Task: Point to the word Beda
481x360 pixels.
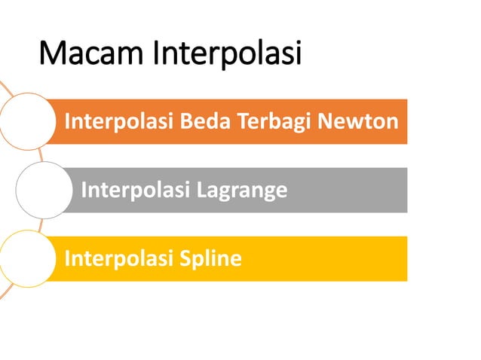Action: pos(230,121)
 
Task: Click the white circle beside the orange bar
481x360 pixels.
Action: pos(26,121)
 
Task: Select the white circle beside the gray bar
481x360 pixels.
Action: pos(42,190)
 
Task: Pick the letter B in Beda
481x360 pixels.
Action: pos(212,121)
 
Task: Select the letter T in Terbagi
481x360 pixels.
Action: pos(262,121)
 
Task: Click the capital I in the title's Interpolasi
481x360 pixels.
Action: pos(156,54)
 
